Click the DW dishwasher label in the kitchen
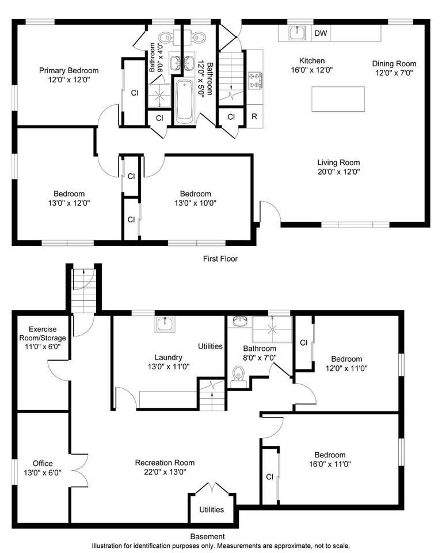321,33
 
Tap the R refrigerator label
254,116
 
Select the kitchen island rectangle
338,99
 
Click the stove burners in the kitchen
254,81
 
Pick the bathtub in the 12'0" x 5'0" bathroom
185,102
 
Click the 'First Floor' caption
220,259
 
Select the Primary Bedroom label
68,70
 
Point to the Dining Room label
394,63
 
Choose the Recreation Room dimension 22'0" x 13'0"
165,472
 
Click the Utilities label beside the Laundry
210,346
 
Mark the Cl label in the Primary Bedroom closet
134,92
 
